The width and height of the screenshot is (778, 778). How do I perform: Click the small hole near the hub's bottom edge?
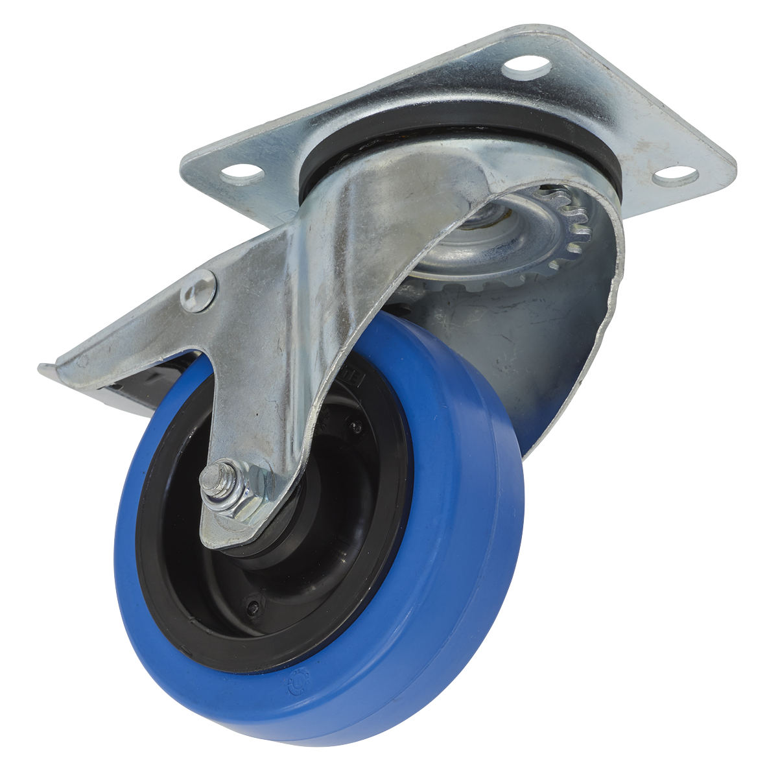(252, 608)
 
